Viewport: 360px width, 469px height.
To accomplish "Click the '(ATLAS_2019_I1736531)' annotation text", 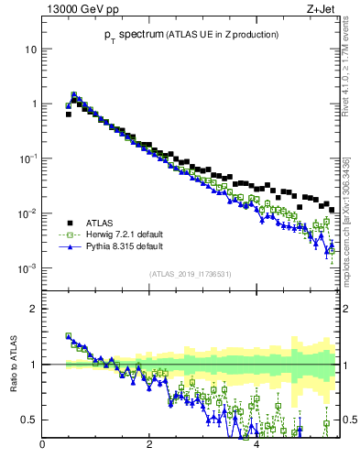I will coord(190,274).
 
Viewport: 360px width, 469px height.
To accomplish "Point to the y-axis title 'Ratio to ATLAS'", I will coord(12,365).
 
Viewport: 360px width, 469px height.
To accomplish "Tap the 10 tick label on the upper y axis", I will coord(30,49).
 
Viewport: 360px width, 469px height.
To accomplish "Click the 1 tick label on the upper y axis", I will coord(33,104).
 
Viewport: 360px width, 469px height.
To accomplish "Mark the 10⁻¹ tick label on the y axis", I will coord(28,158).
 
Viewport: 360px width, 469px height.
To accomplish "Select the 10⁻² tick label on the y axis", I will coord(28,213).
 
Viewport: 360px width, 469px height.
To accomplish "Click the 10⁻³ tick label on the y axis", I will coord(28,268).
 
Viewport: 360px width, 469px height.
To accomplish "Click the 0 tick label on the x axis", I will coord(42,445).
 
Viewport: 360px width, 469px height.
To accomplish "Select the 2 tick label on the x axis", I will coord(149,445).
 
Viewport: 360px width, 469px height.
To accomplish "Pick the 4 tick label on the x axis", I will coord(256,445).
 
